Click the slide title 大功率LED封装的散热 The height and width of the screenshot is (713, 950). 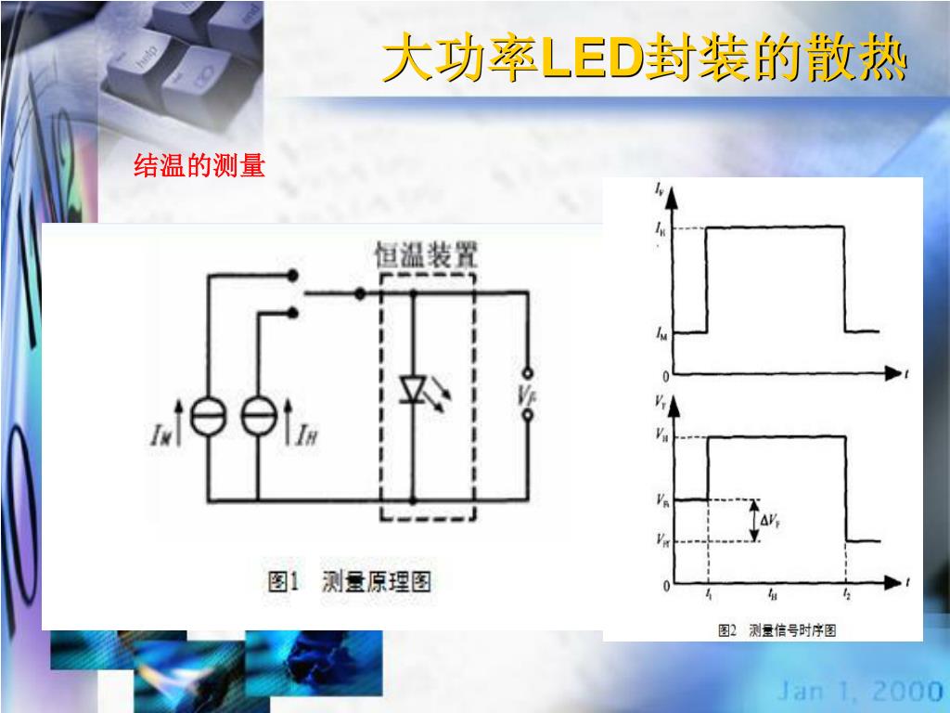click(x=644, y=60)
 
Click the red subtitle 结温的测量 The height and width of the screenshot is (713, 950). click(x=199, y=167)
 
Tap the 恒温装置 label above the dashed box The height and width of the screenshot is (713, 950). click(x=426, y=254)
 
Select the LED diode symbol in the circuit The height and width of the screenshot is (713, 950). click(x=413, y=390)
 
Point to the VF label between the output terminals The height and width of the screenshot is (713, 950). click(x=527, y=395)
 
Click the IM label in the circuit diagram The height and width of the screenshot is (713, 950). click(x=160, y=434)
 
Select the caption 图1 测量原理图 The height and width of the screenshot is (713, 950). click(x=350, y=582)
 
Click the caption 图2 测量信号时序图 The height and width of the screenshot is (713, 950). click(x=777, y=630)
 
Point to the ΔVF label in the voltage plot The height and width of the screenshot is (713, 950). click(x=771, y=521)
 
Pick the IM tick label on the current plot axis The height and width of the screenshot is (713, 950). click(x=661, y=332)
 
